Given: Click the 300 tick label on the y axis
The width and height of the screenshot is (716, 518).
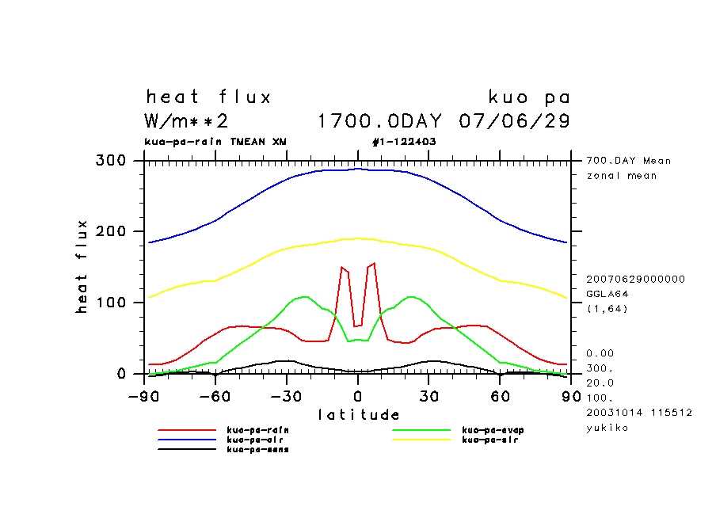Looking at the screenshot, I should tap(111, 161).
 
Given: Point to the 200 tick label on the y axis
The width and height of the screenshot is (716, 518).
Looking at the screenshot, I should tap(111, 231).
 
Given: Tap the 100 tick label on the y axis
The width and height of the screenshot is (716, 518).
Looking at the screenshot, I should tap(111, 303).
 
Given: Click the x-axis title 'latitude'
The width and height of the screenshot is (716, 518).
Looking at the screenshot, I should tap(359, 414).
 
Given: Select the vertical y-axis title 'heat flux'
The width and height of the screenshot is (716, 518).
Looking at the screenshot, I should tap(82, 267).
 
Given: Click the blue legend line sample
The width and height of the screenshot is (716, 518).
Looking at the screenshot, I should tap(187, 440).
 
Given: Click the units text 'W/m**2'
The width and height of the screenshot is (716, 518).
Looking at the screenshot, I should tap(187, 121).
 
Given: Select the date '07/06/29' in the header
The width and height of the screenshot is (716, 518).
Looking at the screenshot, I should tap(514, 121).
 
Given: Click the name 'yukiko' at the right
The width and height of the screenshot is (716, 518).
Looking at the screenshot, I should tap(606, 428).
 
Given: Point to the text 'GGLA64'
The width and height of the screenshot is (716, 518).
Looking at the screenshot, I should tap(606, 293).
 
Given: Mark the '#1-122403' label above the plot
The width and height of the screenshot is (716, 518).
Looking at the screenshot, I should tap(404, 142).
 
